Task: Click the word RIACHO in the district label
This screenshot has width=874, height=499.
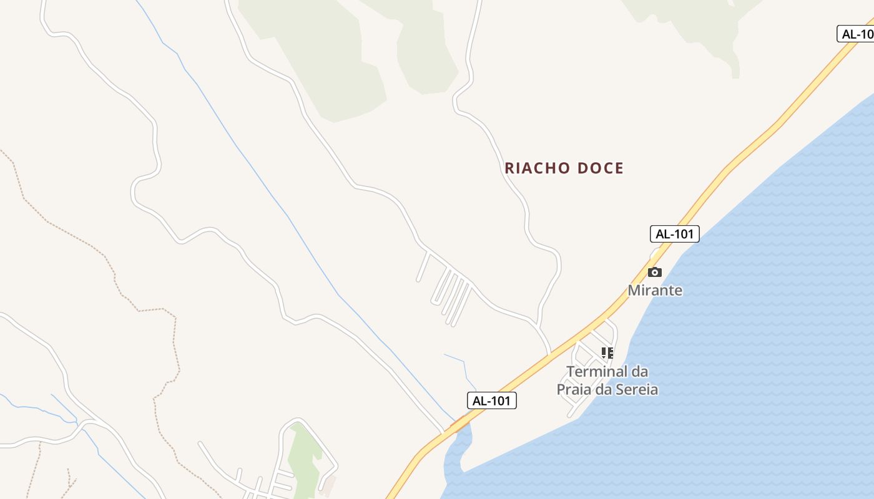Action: point(538,168)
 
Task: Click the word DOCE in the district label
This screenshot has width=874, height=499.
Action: point(601,168)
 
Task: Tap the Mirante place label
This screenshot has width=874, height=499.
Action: point(655,290)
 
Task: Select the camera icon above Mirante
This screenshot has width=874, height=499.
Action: point(655,272)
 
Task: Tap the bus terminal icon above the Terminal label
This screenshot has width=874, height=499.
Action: point(607,353)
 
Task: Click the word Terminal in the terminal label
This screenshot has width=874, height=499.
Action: point(597,372)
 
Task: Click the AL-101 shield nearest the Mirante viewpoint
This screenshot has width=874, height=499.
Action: point(674,234)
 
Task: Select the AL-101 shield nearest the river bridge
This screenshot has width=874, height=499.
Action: point(492,400)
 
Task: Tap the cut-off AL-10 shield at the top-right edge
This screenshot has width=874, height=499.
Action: point(856,34)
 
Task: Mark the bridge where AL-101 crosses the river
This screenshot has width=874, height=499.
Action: point(460,424)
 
